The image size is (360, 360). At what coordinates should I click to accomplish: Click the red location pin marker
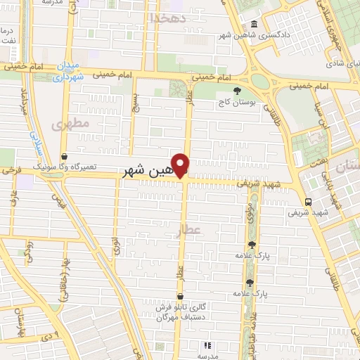(x=181, y=165)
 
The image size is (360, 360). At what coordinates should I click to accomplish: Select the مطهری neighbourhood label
(x=70, y=124)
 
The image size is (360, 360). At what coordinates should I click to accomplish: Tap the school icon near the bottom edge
(x=207, y=345)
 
